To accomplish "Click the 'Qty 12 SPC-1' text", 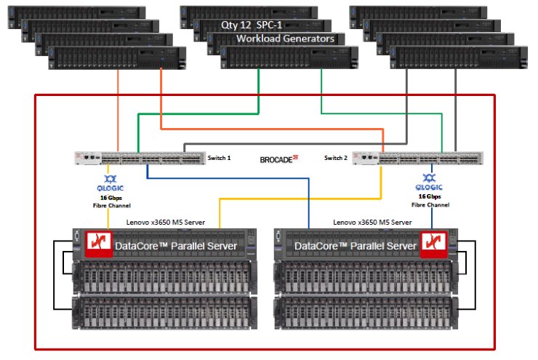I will pos(252,25).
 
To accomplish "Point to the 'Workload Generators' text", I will pos(286,38).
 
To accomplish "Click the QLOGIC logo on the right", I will pos(430,180).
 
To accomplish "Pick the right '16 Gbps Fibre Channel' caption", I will pos(430,200).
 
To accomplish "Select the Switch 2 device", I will pos(417,157).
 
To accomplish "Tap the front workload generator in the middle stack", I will pos(289,57).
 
